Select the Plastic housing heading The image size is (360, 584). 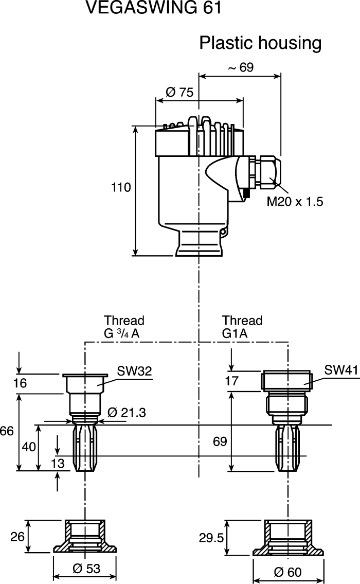[x=260, y=43]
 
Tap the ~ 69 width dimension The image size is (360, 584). [x=240, y=67]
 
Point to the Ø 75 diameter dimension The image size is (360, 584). [x=179, y=92]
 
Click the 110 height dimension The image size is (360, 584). [x=121, y=188]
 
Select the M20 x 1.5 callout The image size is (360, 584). [x=295, y=202]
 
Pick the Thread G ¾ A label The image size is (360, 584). [x=124, y=327]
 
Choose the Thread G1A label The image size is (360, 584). [x=242, y=327]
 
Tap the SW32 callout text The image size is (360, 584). [x=134, y=371]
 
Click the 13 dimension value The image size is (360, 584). [x=58, y=464]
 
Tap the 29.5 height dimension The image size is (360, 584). [x=211, y=538]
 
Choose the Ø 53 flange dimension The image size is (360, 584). [x=86, y=569]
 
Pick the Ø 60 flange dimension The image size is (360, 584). [x=289, y=572]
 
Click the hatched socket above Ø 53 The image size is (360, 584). [x=85, y=538]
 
